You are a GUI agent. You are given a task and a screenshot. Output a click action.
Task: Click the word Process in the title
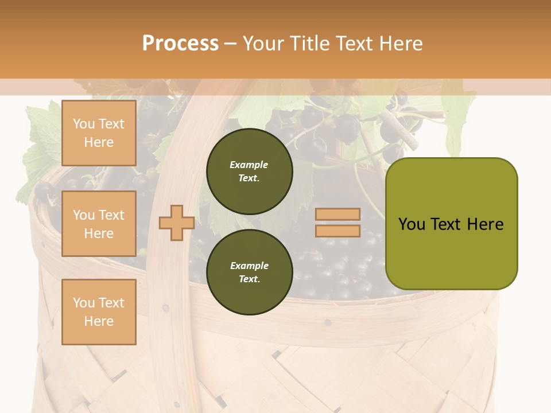tap(180, 44)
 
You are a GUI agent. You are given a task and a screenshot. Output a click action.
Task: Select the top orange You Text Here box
tap(99, 133)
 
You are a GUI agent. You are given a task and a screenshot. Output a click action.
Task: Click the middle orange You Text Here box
tap(99, 224)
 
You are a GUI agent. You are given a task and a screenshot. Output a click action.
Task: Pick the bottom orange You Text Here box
tap(99, 311)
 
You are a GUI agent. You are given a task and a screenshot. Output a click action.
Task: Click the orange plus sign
tap(176, 223)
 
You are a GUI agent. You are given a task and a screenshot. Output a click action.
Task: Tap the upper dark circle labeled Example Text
tap(249, 171)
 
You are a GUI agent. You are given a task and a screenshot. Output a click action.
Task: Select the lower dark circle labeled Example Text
tap(249, 272)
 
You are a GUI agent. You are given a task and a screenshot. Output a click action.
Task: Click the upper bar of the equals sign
tap(337, 214)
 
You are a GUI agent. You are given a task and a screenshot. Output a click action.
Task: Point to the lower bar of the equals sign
tap(337, 231)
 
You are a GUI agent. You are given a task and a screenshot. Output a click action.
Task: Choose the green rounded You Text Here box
tap(451, 223)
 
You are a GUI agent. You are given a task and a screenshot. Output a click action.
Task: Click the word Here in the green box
tap(485, 224)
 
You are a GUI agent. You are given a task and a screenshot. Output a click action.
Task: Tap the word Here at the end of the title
tap(398, 44)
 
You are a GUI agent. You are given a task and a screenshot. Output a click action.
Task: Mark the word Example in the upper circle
tap(249, 165)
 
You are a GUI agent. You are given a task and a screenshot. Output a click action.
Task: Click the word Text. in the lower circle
tap(249, 279)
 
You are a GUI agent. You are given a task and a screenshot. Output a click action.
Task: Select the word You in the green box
tap(412, 224)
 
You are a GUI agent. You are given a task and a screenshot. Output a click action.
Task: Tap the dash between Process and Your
tap(231, 44)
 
